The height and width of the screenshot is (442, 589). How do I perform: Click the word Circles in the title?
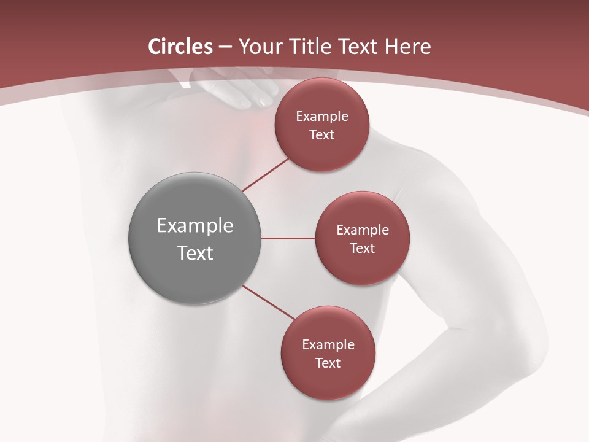(180, 47)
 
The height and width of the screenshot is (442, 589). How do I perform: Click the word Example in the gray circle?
(195, 226)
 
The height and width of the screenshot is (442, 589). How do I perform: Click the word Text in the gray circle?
(195, 253)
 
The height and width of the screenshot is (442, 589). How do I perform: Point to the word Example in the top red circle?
(322, 116)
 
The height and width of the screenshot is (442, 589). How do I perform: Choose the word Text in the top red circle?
(322, 134)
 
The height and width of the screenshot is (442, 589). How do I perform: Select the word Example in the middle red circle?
(363, 230)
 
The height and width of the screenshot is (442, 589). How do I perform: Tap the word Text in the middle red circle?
(363, 248)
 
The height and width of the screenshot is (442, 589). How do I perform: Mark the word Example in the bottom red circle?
(328, 344)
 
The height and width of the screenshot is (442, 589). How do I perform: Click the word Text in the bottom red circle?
(328, 363)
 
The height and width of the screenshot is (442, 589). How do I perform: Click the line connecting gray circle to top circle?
(265, 174)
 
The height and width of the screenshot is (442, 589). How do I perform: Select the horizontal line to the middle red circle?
(288, 238)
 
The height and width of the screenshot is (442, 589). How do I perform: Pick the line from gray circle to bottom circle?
(269, 302)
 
